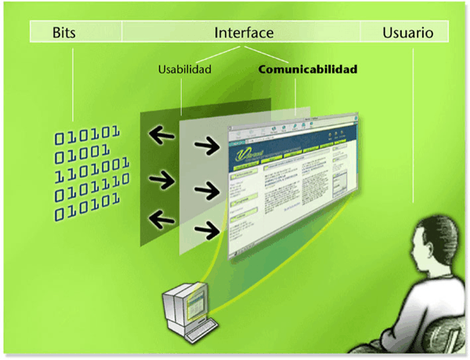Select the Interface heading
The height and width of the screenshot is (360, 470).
tap(244, 33)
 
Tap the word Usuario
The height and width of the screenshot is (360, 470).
tap(407, 33)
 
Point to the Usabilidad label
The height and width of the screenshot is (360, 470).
tap(185, 69)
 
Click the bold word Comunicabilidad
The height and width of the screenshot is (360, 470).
tap(308, 69)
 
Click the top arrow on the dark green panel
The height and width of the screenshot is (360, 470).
tap(161, 136)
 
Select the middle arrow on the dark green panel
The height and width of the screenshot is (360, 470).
tap(161, 179)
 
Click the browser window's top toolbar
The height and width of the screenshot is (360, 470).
tap(290, 128)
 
